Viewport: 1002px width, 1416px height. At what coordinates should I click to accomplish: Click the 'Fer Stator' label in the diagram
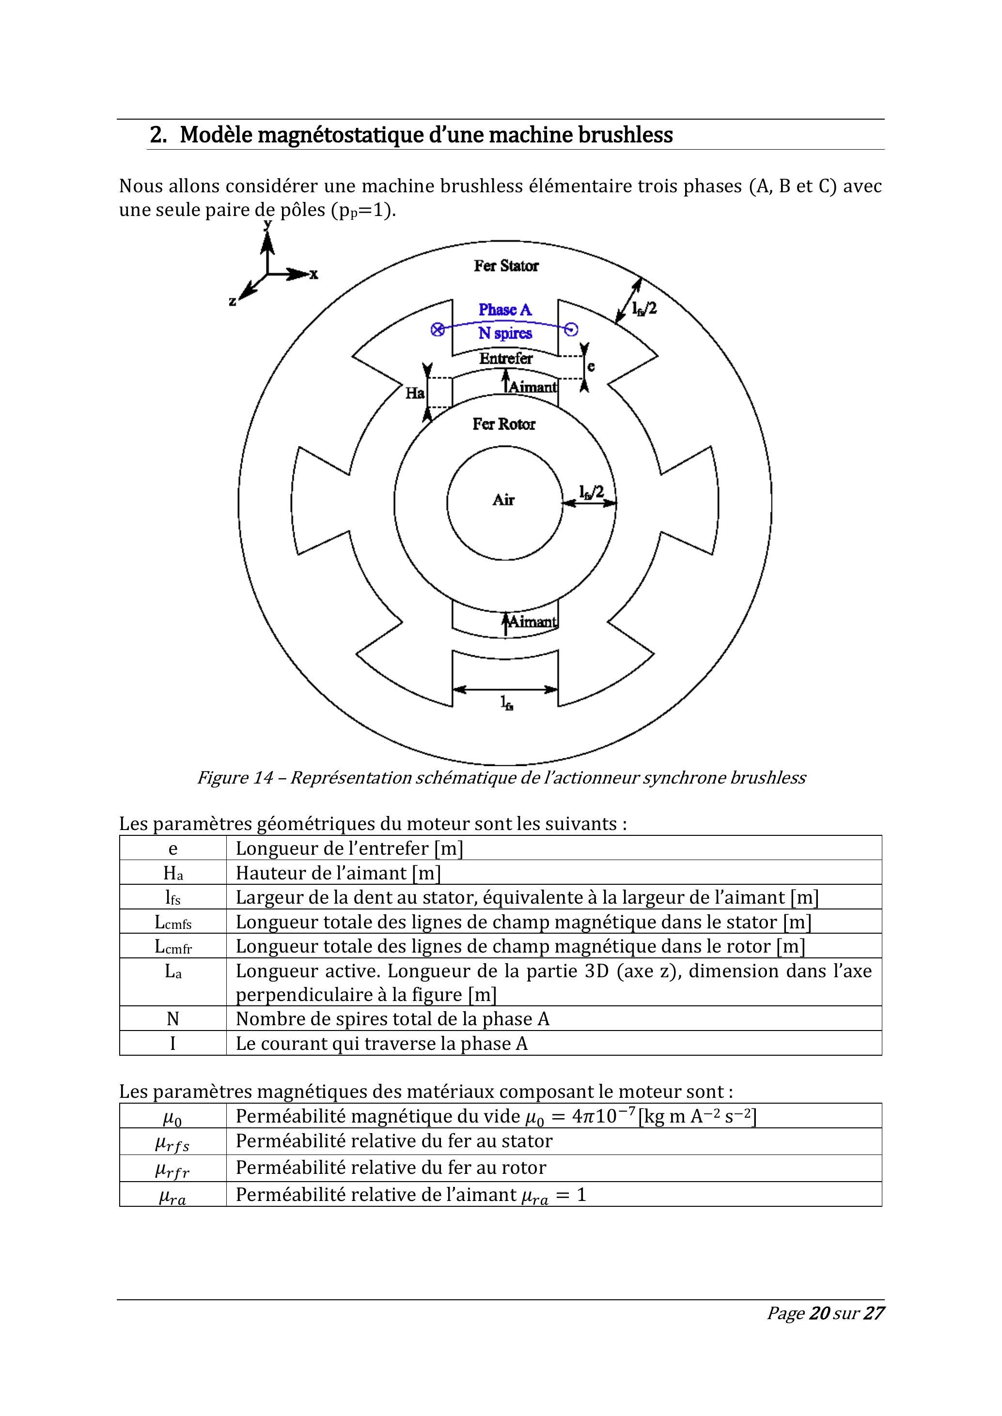tap(506, 266)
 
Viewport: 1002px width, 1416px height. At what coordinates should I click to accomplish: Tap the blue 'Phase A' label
tap(505, 309)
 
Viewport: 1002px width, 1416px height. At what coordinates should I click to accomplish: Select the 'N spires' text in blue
tap(505, 334)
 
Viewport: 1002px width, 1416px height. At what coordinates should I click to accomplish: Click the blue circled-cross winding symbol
tap(438, 330)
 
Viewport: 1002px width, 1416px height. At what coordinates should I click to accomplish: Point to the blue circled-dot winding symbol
tap(572, 330)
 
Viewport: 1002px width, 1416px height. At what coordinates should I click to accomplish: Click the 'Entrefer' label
tap(506, 358)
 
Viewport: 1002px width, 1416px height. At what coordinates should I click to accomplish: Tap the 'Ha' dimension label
tap(415, 392)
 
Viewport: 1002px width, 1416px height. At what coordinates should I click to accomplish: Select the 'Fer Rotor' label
tap(504, 424)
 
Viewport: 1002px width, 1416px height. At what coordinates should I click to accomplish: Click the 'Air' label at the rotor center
tap(503, 500)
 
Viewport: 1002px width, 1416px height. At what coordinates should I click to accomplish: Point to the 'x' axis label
tap(314, 275)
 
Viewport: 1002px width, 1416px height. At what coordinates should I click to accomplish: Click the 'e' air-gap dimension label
tap(591, 366)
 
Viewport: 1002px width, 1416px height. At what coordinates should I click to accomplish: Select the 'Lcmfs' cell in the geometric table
tap(173, 922)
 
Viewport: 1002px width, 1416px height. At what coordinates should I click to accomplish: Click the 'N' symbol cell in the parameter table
tap(173, 1019)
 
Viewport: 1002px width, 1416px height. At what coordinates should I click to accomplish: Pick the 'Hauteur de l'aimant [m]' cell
tap(338, 873)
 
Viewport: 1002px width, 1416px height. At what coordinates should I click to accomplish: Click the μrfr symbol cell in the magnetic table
tap(173, 1169)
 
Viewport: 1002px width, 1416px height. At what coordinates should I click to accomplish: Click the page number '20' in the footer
tap(819, 1330)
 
